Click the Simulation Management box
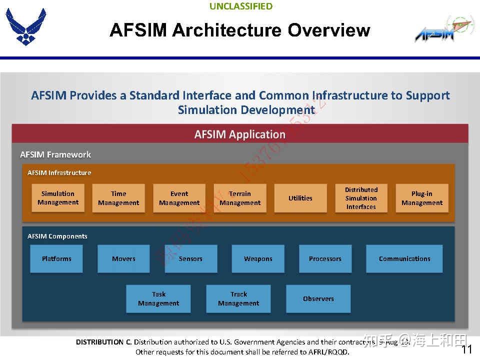tap(58, 198)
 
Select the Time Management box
tap(118, 198)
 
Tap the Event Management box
tap(179, 198)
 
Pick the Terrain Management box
tap(240, 198)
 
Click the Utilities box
tap(300, 198)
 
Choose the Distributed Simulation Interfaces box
tap(361, 198)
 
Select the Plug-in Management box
tap(422, 198)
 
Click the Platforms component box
tap(56, 258)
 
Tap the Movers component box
tap(123, 258)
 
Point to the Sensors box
tap(191, 258)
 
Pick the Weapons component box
tap(258, 258)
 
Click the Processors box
tap(325, 258)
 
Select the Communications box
tap(404, 258)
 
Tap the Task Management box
tap(158, 298)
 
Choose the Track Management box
tap(238, 298)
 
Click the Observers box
tap(318, 298)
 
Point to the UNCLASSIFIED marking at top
tap(241, 6)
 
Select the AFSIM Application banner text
tap(240, 134)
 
